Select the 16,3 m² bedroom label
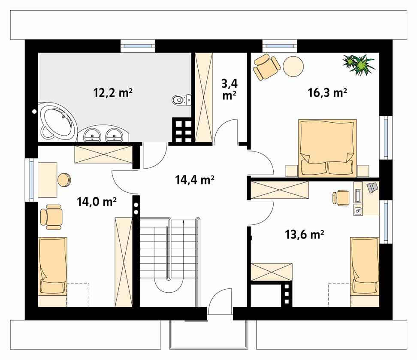pos(327,92)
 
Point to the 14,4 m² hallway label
pos(195,180)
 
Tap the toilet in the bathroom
pos(180,100)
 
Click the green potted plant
pos(359,64)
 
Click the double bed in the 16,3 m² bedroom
pos(328,148)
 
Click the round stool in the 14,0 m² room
pos(65,180)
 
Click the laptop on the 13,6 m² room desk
pos(371,187)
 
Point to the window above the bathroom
pos(137,44)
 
